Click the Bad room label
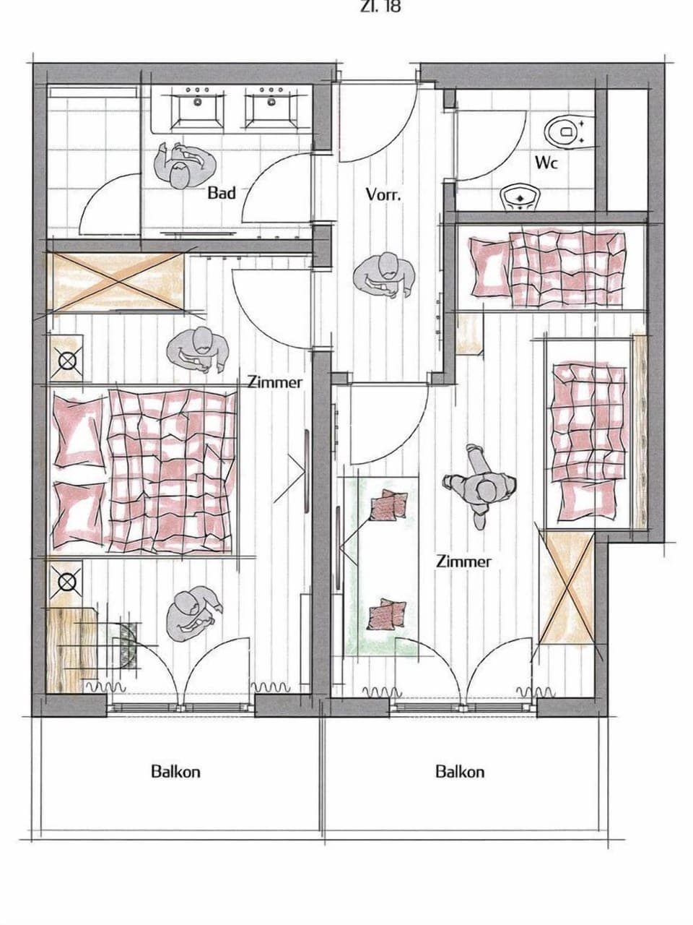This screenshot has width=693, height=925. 222,193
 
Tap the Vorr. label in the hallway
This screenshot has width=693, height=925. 383,194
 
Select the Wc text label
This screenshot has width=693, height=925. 546,163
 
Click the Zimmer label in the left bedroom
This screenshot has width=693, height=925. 275,382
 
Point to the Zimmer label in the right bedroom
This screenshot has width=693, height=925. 463,561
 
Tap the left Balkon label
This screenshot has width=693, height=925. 175,771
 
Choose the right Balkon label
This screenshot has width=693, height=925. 460,772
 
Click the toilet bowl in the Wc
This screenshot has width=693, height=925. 566,130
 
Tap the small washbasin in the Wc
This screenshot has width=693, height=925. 520,197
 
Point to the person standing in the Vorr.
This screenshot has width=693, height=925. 385,275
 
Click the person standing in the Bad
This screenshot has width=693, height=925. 183,165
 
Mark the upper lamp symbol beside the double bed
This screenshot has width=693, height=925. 67,359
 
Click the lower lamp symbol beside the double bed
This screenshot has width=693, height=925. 66,580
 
